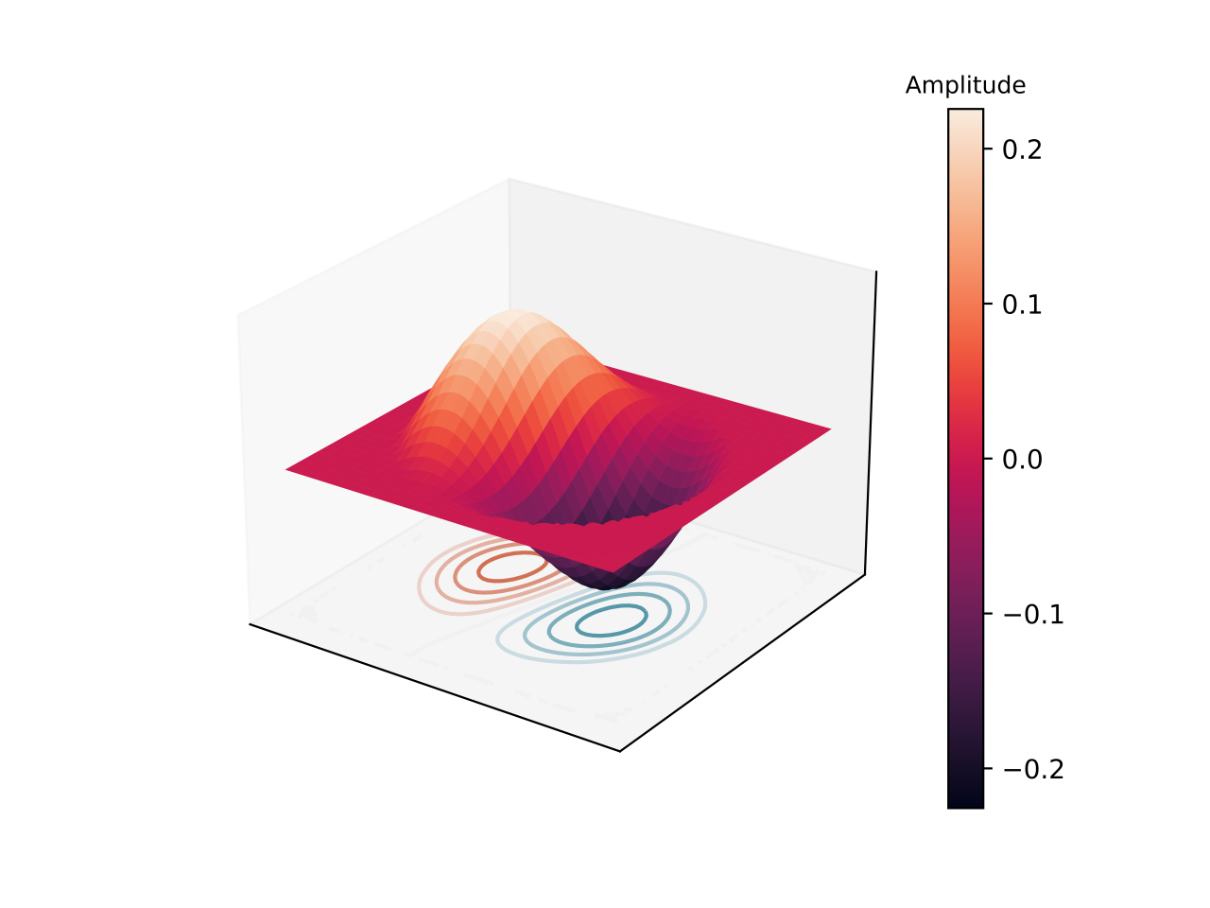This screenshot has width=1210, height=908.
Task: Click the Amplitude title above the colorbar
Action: coord(965,85)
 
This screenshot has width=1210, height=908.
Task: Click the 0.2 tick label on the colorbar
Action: coord(1022,149)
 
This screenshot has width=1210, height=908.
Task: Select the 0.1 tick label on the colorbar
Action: coord(1022,305)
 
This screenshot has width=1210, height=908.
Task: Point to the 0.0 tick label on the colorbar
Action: coord(1022,460)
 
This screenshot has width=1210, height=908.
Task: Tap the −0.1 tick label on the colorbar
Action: coord(1033,614)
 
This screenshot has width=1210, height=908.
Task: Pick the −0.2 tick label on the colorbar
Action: coord(1033,769)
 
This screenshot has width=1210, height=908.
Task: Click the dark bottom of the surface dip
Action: coord(606,584)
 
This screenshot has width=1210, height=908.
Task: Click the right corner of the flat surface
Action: coord(830,428)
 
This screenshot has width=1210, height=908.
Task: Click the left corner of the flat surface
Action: coord(286,469)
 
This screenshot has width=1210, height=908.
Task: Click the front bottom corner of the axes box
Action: coord(620,751)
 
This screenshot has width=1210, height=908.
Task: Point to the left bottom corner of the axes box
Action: coord(250,623)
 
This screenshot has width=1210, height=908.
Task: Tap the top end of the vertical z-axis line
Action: coord(876,271)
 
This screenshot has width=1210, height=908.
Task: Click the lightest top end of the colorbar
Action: coord(965,112)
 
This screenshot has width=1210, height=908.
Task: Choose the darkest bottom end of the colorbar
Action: coord(965,805)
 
